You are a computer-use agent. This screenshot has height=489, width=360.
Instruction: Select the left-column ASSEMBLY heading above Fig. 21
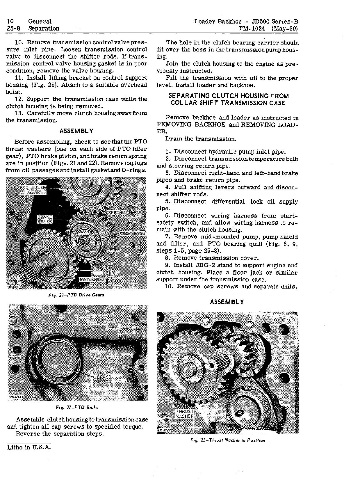click(x=76, y=131)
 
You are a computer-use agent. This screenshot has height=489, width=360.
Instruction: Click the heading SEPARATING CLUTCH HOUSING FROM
click(x=229, y=96)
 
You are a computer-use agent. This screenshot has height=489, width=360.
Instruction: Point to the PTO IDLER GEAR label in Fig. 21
click(x=32, y=190)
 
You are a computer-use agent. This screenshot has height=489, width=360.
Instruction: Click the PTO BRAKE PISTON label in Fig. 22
click(x=104, y=377)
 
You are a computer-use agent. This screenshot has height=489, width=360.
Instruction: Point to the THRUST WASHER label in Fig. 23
click(x=184, y=414)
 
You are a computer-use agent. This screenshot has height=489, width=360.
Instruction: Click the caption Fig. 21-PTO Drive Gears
click(x=76, y=295)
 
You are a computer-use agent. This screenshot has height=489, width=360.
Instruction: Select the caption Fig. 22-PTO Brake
click(x=77, y=408)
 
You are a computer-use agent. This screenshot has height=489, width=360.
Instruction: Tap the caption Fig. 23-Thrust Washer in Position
click(x=228, y=440)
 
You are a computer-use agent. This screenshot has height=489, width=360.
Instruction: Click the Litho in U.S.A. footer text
click(x=29, y=447)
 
